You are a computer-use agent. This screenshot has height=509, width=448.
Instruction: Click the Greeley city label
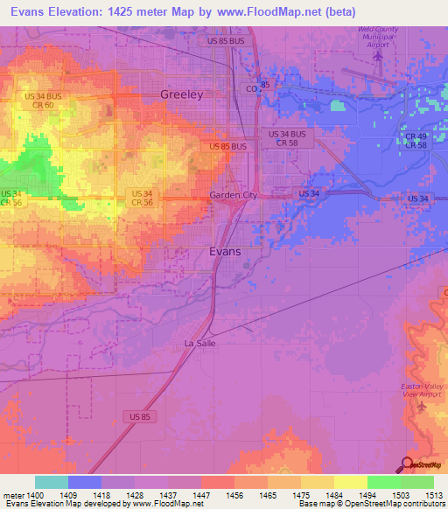pos(182,94)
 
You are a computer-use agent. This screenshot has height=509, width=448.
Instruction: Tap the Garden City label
pos(233,195)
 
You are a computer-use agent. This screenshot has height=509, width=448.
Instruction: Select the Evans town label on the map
pos(226,251)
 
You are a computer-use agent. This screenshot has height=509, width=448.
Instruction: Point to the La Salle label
pos(199,344)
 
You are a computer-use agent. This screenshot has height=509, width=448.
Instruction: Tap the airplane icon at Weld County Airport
pos(378,56)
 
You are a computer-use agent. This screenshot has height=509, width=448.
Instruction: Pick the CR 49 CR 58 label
pos(416,139)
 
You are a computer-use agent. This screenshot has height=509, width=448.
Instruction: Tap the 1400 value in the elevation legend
pos(35,495)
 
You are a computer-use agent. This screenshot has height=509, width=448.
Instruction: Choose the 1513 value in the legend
pos(433,495)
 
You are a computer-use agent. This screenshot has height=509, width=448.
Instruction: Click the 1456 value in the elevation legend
pos(234,495)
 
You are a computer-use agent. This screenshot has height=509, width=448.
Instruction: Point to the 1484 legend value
pos(334,495)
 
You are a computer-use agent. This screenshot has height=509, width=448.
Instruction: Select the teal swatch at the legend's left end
pos(52,482)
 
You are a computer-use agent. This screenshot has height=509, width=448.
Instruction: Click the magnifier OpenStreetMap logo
pos(407,464)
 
